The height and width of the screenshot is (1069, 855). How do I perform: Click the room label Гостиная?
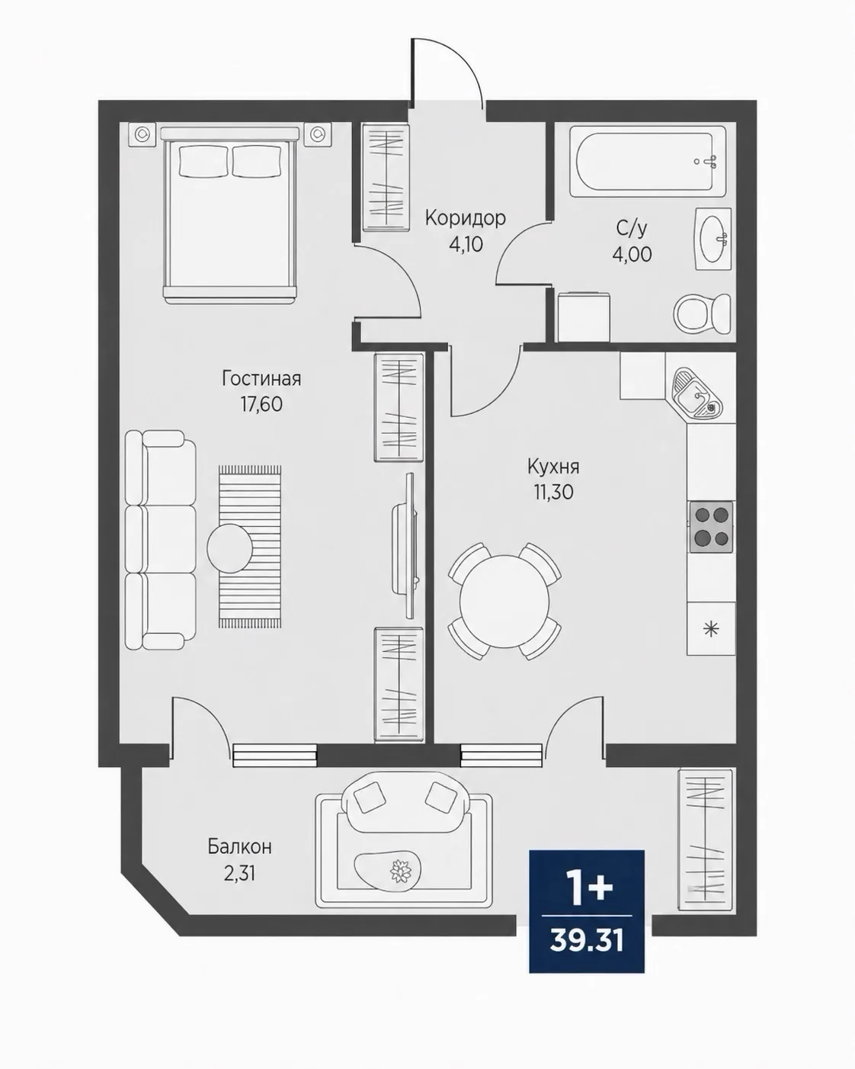261,378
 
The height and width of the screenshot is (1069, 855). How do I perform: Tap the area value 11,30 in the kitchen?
553,492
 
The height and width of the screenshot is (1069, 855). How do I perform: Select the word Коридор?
466,218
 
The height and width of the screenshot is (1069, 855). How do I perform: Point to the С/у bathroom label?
632,228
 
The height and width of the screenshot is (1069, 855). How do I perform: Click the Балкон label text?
240,846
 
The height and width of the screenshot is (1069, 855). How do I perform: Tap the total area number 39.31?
587,940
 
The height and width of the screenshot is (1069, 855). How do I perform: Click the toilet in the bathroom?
703,313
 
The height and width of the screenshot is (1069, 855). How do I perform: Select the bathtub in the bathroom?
648,162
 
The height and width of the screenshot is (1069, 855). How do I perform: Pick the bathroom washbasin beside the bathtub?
713,239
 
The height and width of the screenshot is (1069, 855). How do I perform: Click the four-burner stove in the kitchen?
710,527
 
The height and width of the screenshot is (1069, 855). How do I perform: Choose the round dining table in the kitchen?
504,601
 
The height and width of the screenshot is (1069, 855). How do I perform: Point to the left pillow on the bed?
203,160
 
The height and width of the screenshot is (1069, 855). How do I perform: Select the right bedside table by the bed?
319,134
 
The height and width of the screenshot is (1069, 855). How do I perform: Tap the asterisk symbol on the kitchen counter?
711,629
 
